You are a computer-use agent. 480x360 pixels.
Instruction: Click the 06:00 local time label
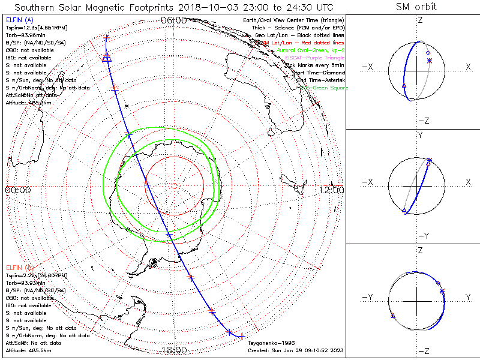coord(174,20)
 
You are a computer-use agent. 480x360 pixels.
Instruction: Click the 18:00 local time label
coord(174,349)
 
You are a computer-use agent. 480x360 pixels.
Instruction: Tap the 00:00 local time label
coord(17,190)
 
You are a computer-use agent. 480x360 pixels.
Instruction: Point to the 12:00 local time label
coord(332,190)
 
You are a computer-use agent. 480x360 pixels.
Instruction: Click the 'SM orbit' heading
coord(416,7)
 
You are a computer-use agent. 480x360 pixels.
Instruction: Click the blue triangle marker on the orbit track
coord(107,58)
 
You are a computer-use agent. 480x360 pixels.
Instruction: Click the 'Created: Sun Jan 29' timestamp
coord(295,350)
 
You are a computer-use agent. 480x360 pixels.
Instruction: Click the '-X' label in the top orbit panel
coord(369,67)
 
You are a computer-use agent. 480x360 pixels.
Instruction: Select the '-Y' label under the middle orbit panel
coord(420,235)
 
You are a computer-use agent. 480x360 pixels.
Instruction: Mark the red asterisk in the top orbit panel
coord(429,61)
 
